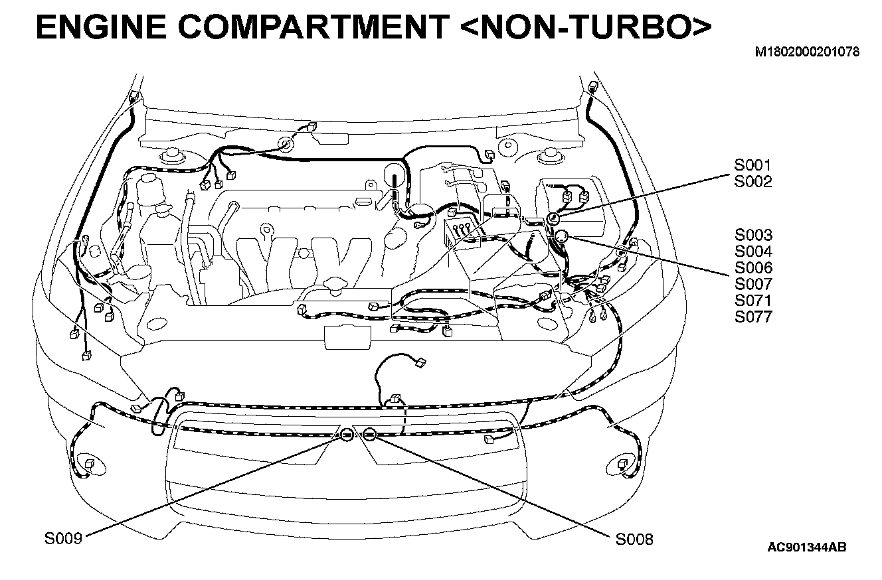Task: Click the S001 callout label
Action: click(753, 166)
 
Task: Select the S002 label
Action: click(753, 182)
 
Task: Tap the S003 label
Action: click(753, 235)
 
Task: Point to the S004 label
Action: click(753, 252)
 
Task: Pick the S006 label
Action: click(753, 268)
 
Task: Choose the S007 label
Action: click(753, 284)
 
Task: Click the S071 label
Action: click(753, 301)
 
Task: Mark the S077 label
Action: click(753, 317)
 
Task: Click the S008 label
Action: click(634, 539)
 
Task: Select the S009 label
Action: click(63, 539)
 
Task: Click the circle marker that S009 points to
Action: click(347, 435)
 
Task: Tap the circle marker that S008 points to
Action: click(370, 435)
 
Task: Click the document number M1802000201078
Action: click(807, 52)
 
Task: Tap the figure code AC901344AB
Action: click(806, 547)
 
